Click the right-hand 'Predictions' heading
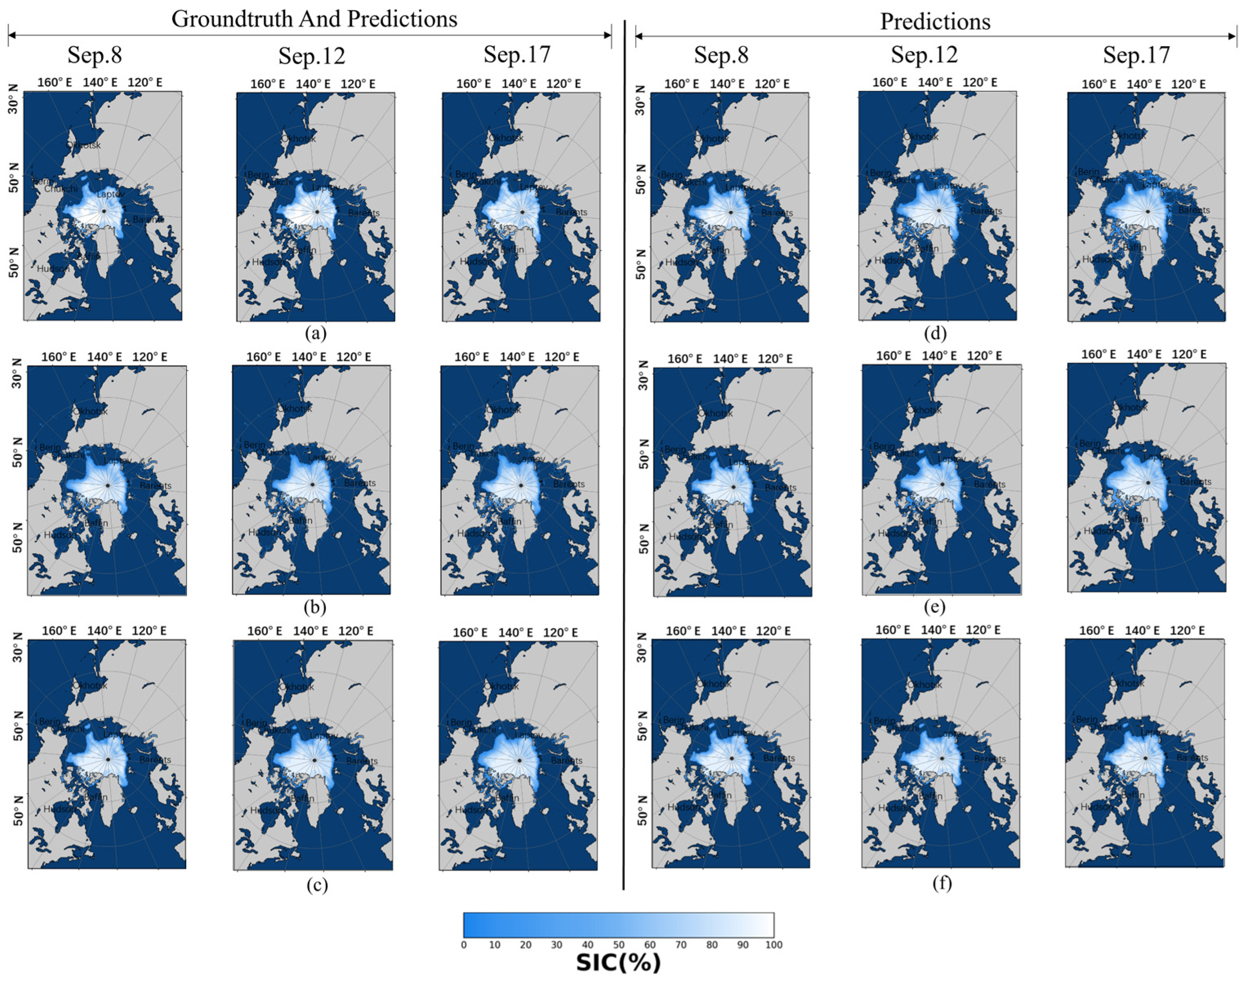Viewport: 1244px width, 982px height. (935, 22)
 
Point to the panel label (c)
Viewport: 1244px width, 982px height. (317, 885)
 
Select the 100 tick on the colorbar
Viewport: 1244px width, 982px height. (774, 944)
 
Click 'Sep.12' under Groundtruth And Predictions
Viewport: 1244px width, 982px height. (312, 56)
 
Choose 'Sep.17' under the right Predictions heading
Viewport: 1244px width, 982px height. (1137, 55)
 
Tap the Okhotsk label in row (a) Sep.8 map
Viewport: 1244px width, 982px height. (85, 145)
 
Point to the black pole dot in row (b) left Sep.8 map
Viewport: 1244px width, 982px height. (107, 485)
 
